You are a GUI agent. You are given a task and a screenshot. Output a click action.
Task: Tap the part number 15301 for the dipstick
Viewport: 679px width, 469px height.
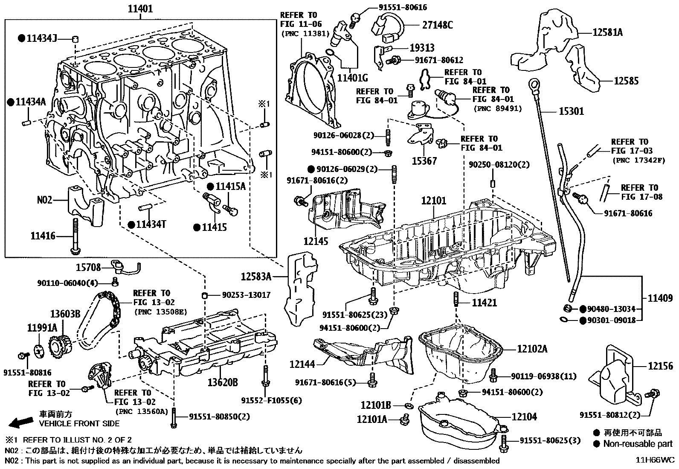(x=572, y=111)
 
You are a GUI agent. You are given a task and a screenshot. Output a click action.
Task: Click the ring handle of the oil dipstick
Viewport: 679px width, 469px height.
(x=534, y=84)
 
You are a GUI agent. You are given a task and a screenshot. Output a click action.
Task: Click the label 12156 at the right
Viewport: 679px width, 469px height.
(x=660, y=366)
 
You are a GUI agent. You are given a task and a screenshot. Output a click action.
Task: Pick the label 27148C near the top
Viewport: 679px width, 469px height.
(x=437, y=25)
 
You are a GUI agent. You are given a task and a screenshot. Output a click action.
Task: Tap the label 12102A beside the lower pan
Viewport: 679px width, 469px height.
(x=532, y=349)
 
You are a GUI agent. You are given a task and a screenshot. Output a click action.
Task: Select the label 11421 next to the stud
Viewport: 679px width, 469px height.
(x=484, y=303)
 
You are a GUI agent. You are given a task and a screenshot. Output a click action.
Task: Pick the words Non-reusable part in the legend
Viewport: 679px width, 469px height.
(x=638, y=444)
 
